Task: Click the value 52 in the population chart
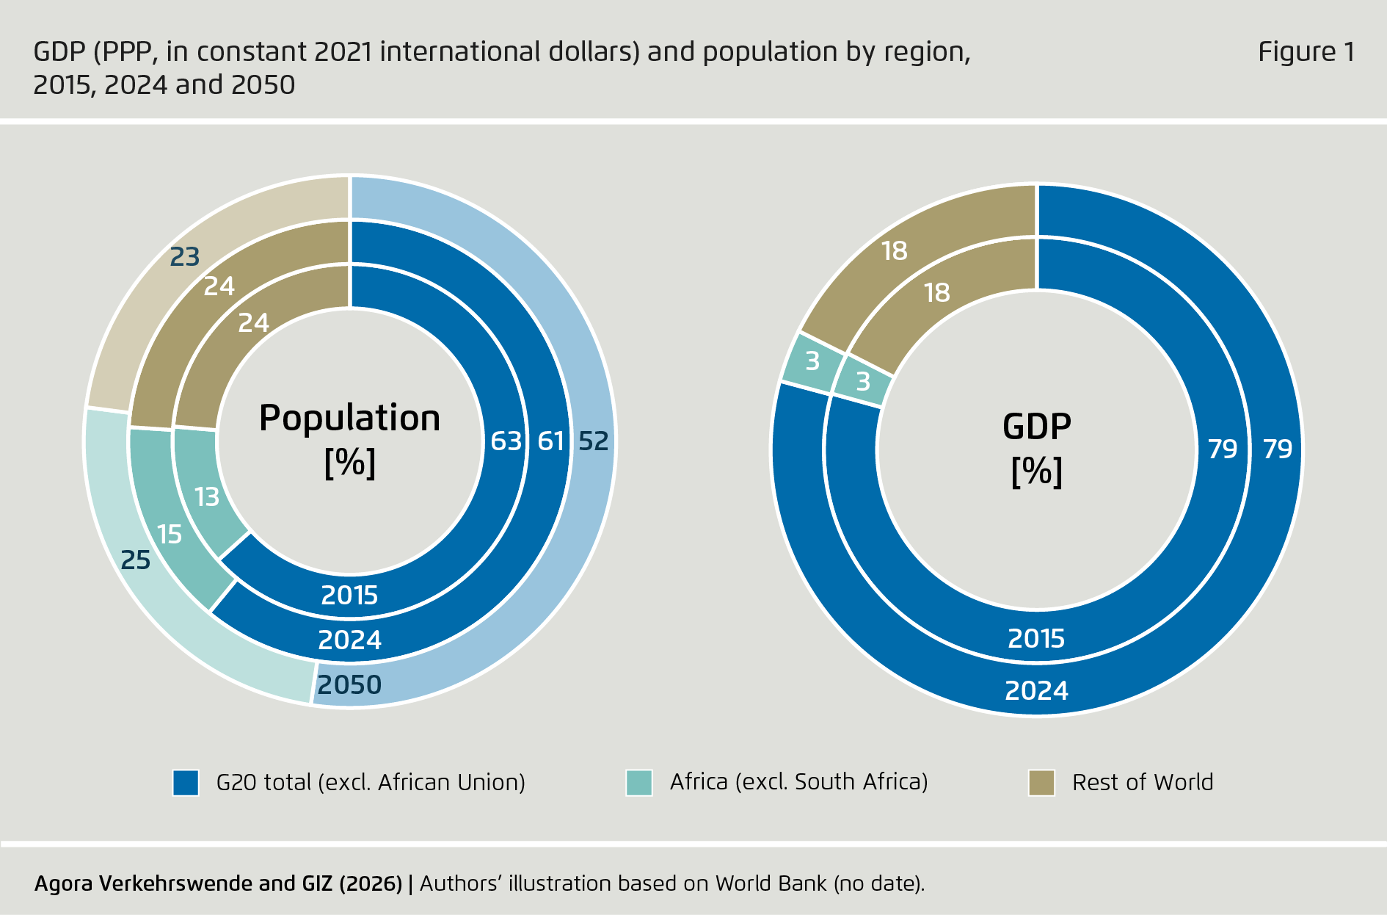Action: click(593, 441)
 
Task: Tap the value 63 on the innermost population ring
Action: click(506, 441)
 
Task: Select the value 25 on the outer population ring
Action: click(135, 560)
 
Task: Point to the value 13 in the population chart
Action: click(206, 497)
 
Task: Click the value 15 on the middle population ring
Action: click(170, 535)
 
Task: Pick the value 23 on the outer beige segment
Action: click(185, 257)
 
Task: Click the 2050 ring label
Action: click(349, 685)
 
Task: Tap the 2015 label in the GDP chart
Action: click(1035, 639)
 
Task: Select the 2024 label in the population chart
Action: click(349, 640)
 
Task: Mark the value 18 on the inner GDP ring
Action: click(937, 293)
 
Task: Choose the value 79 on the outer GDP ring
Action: click(1277, 449)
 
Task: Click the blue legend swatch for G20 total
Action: click(186, 783)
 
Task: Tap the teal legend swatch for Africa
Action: click(639, 783)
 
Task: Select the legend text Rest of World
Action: click(1142, 783)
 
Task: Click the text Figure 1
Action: click(1306, 52)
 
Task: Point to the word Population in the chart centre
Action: click(349, 419)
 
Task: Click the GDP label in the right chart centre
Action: click(1036, 427)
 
